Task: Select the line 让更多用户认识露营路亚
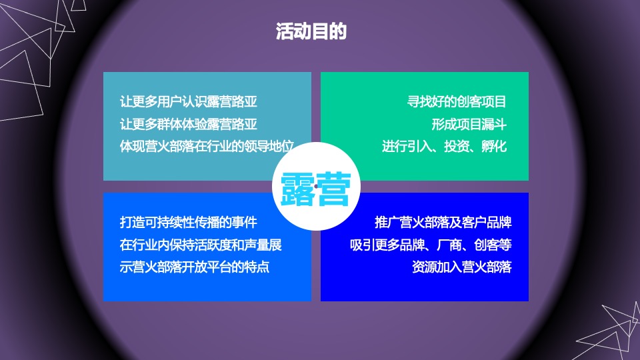(188, 102)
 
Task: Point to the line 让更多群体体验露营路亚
(188, 124)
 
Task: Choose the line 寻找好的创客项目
(457, 102)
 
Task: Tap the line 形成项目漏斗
(469, 124)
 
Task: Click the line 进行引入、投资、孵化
(444, 146)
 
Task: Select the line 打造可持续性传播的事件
(188, 223)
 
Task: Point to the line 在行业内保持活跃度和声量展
(201, 245)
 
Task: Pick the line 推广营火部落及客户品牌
(443, 223)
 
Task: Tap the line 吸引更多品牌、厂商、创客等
(431, 245)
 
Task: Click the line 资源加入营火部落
(461, 267)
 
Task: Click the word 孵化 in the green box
(494, 146)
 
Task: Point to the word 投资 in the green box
(457, 146)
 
